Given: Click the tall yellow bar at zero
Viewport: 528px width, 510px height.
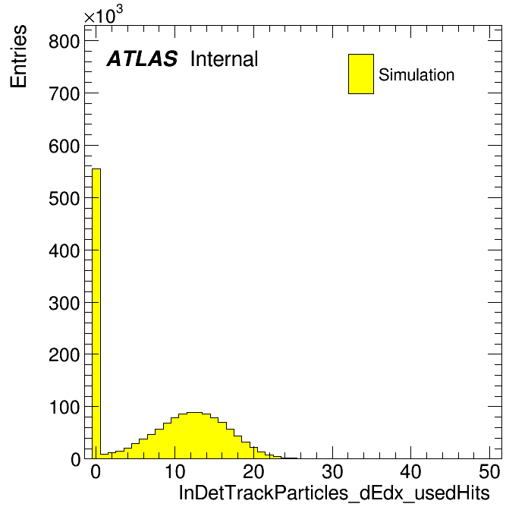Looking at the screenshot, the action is pyautogui.click(x=96, y=313).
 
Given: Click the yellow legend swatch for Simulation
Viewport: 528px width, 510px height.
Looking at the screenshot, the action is pyautogui.click(x=361, y=74).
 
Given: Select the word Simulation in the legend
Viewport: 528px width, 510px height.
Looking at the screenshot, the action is pyautogui.click(x=416, y=75).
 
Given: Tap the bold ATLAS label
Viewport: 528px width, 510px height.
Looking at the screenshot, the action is pyautogui.click(x=142, y=58).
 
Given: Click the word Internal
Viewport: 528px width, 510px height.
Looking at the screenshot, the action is pyautogui.click(x=225, y=59).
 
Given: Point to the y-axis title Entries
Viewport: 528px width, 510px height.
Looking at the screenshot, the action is pyautogui.click(x=18, y=56).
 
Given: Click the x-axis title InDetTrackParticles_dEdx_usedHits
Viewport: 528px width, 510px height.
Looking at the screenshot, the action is pyautogui.click(x=334, y=493).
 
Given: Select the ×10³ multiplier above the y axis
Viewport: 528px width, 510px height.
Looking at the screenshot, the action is pyautogui.click(x=103, y=15).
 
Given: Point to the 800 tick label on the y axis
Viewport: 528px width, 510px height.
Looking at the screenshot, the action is pyautogui.click(x=64, y=42).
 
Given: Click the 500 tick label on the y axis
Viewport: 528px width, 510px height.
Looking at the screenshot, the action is pyautogui.click(x=64, y=199).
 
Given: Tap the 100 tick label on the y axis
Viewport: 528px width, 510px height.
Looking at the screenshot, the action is pyautogui.click(x=64, y=408).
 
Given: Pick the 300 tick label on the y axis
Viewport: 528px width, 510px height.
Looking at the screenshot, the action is pyautogui.click(x=64, y=303).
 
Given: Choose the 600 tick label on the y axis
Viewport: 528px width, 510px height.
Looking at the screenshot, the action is pyautogui.click(x=64, y=146).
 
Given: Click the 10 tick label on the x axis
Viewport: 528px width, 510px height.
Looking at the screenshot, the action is pyautogui.click(x=175, y=472).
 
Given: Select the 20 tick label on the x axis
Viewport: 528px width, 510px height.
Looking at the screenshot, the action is pyautogui.click(x=253, y=472).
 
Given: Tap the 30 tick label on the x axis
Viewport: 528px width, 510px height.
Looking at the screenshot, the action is pyautogui.click(x=332, y=472).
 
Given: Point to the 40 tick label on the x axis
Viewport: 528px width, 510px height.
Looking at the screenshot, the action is pyautogui.click(x=411, y=472).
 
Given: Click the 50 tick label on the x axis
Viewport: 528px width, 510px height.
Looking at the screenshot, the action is pyautogui.click(x=489, y=472).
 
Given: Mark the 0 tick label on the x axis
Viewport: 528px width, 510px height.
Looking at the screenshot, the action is pyautogui.click(x=96, y=472).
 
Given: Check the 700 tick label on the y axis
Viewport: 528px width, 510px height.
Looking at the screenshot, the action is pyautogui.click(x=64, y=94).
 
